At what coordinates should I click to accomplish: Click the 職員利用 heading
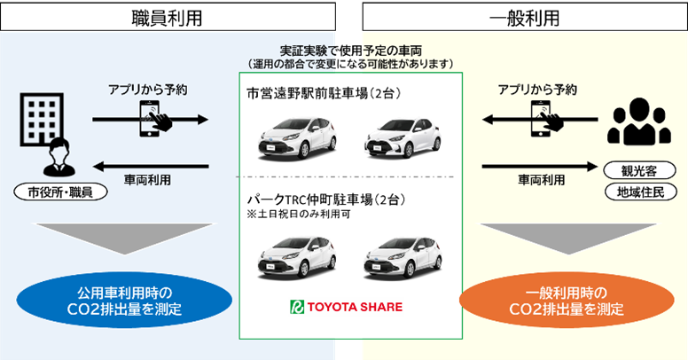[169, 17]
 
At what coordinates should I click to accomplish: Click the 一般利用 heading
[523, 17]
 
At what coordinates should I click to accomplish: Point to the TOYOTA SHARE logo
[347, 307]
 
